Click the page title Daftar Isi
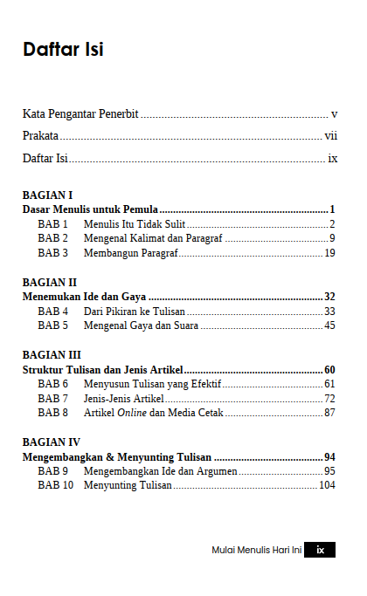point(63,50)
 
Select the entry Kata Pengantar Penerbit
point(80,114)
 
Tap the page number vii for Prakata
point(330,136)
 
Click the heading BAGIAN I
point(47,195)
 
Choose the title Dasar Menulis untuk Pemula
point(90,209)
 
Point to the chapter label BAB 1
point(52,224)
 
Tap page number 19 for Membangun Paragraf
point(329,253)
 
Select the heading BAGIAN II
point(50,283)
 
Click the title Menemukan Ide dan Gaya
point(84,297)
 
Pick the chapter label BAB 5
point(52,325)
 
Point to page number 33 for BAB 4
point(329,312)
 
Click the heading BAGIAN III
point(52,355)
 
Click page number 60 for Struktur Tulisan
point(329,369)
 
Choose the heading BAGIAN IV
point(51,442)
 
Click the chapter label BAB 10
point(55,485)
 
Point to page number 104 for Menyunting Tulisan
point(327,485)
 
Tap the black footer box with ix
point(320,551)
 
